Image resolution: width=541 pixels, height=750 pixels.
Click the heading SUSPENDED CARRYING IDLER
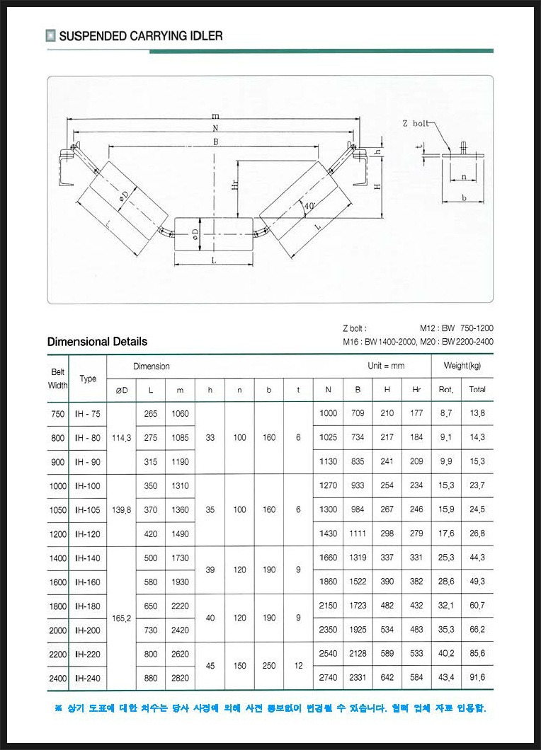coord(140,35)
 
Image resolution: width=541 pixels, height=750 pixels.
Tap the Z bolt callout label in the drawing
coord(415,123)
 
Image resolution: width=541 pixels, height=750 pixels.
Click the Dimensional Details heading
coord(97,341)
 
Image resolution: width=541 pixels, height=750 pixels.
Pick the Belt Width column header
coord(58,379)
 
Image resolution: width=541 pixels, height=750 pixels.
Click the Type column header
coord(88,379)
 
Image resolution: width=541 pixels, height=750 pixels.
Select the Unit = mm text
coord(386,366)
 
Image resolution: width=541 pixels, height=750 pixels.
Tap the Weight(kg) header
coord(462,366)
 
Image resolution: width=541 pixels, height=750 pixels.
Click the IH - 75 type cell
coord(88,413)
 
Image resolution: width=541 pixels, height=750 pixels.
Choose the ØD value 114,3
coord(121,437)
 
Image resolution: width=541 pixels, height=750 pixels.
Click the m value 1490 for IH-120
coord(181,533)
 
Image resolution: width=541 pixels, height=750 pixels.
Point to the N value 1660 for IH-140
coord(328,558)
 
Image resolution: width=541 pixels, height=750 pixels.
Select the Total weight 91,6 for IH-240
coord(477,677)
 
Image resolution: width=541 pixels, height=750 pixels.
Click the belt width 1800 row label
coord(58,606)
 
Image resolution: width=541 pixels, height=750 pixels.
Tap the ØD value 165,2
coord(121,618)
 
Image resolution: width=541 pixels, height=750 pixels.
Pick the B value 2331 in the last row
coord(358,677)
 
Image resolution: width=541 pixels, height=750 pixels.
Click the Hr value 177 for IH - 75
coord(416,413)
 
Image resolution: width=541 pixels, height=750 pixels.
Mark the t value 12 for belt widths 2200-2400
coord(299,665)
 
